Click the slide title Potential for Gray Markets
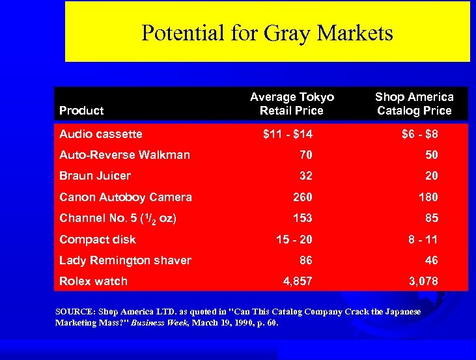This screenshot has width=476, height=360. coord(267,33)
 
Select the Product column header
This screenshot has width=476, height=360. coord(81,111)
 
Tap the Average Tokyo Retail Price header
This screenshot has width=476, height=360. coord(292,104)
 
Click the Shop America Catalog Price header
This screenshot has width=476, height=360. coord(414,104)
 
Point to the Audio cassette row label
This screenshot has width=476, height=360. coord(100,134)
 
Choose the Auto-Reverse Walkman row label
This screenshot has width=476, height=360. coord(124,155)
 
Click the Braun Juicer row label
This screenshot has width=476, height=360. coord(95,176)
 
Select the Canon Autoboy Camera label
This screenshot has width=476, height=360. coord(126,197)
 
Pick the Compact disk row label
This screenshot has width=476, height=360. coord(98,240)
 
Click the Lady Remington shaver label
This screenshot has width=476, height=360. coord(125,260)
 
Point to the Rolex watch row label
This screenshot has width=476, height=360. coord(93,281)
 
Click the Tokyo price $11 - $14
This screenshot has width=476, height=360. coord(287,134)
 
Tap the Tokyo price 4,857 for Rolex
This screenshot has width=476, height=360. coord(297,281)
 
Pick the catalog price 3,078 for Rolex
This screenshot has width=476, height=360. coord(423,281)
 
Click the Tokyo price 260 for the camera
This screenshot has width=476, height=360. coord(303,197)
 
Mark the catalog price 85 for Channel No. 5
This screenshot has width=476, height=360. coord(431,218)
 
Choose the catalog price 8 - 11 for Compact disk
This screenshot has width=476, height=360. coord(423,240)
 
